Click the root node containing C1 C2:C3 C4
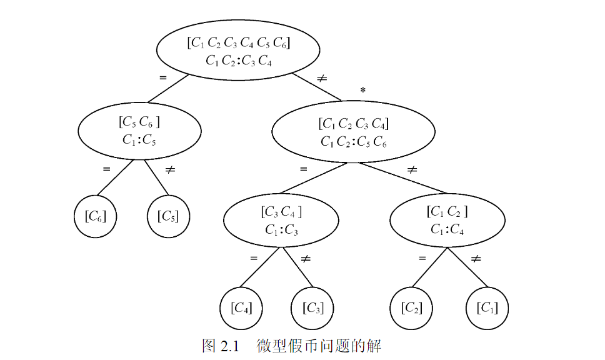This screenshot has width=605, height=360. [238, 52]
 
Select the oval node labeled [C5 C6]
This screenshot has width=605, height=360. [139, 131]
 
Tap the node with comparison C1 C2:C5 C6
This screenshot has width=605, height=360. [353, 132]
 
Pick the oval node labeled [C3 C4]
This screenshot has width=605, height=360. [281, 221]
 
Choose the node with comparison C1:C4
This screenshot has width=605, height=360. [447, 221]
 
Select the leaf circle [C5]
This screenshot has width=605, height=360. [167, 216]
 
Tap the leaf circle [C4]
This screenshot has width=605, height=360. [241, 307]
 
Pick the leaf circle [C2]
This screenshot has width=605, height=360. [412, 307]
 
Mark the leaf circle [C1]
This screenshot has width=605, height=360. [487, 307]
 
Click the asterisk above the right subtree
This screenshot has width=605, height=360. [362, 91]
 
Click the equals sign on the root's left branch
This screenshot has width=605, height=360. [163, 78]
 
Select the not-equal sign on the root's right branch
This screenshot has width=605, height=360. [322, 78]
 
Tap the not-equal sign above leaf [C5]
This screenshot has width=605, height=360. [169, 169]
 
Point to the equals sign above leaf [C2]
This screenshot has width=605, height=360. [422, 257]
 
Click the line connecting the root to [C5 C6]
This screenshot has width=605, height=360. [167, 88]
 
